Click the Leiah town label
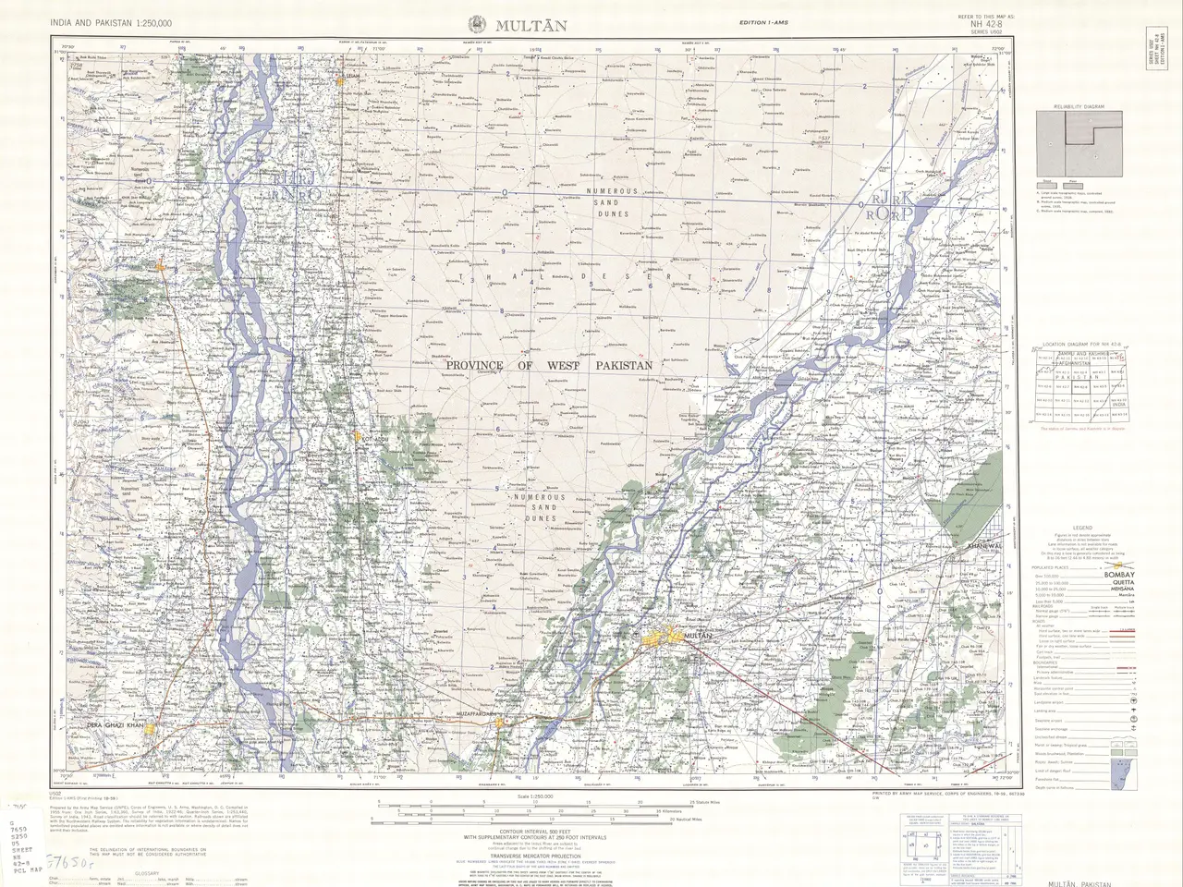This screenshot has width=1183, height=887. (351, 78)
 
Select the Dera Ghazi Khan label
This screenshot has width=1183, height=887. (116, 726)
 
